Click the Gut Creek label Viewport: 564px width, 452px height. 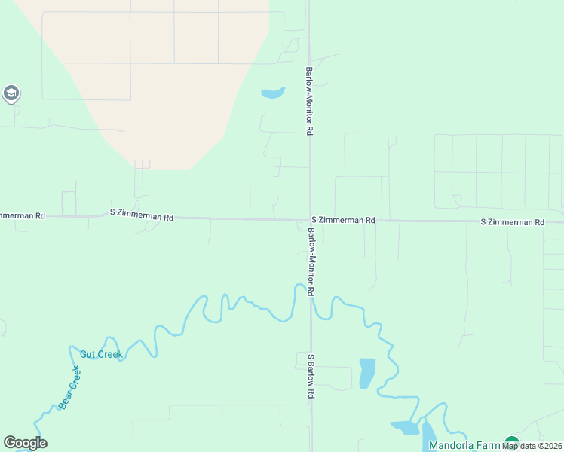[x=101, y=354]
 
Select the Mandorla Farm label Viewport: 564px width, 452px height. [x=464, y=445]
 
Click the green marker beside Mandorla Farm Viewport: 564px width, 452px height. [x=512, y=443]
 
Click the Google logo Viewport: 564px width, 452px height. [x=25, y=443]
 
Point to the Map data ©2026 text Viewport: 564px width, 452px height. [x=532, y=446]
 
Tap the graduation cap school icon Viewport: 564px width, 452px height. [x=11, y=93]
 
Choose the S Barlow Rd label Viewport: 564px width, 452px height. [x=310, y=375]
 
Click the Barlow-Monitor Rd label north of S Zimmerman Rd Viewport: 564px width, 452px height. [x=309, y=101]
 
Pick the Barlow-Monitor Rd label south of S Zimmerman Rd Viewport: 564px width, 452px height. [x=310, y=261]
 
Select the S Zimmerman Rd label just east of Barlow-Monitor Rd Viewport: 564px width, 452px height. [x=343, y=220]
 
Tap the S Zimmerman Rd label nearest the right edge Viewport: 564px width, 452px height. [x=513, y=222]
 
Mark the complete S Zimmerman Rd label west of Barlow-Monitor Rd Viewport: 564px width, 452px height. [x=142, y=217]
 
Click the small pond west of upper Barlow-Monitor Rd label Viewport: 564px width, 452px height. [x=272, y=93]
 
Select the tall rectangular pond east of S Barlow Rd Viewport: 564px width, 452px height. [x=367, y=373]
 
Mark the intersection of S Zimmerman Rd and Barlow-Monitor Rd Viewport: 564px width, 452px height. [x=309, y=220]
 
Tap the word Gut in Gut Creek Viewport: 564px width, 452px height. [x=87, y=354]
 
